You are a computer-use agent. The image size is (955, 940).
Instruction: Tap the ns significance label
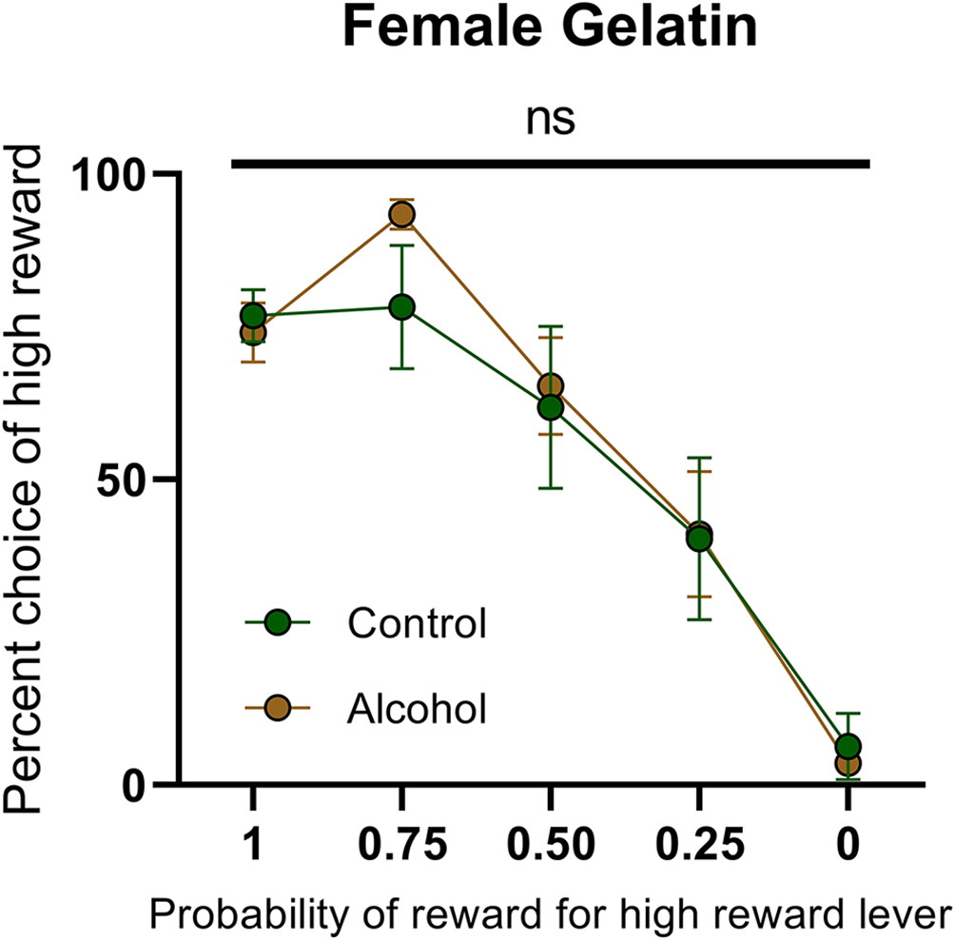(x=552, y=120)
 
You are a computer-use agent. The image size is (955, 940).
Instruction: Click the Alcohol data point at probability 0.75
(x=401, y=214)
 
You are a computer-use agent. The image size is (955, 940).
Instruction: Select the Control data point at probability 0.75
(x=401, y=306)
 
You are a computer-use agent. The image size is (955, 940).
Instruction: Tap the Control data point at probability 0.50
(x=550, y=407)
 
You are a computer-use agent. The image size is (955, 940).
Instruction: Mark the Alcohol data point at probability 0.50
(x=551, y=385)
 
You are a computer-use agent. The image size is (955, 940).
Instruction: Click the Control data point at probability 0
(x=848, y=746)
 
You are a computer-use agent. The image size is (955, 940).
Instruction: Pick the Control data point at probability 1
(x=253, y=316)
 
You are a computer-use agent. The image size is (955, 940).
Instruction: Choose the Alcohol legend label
(x=418, y=708)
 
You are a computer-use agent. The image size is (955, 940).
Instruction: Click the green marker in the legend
(x=278, y=623)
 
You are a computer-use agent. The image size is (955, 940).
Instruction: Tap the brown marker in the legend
(x=278, y=708)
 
